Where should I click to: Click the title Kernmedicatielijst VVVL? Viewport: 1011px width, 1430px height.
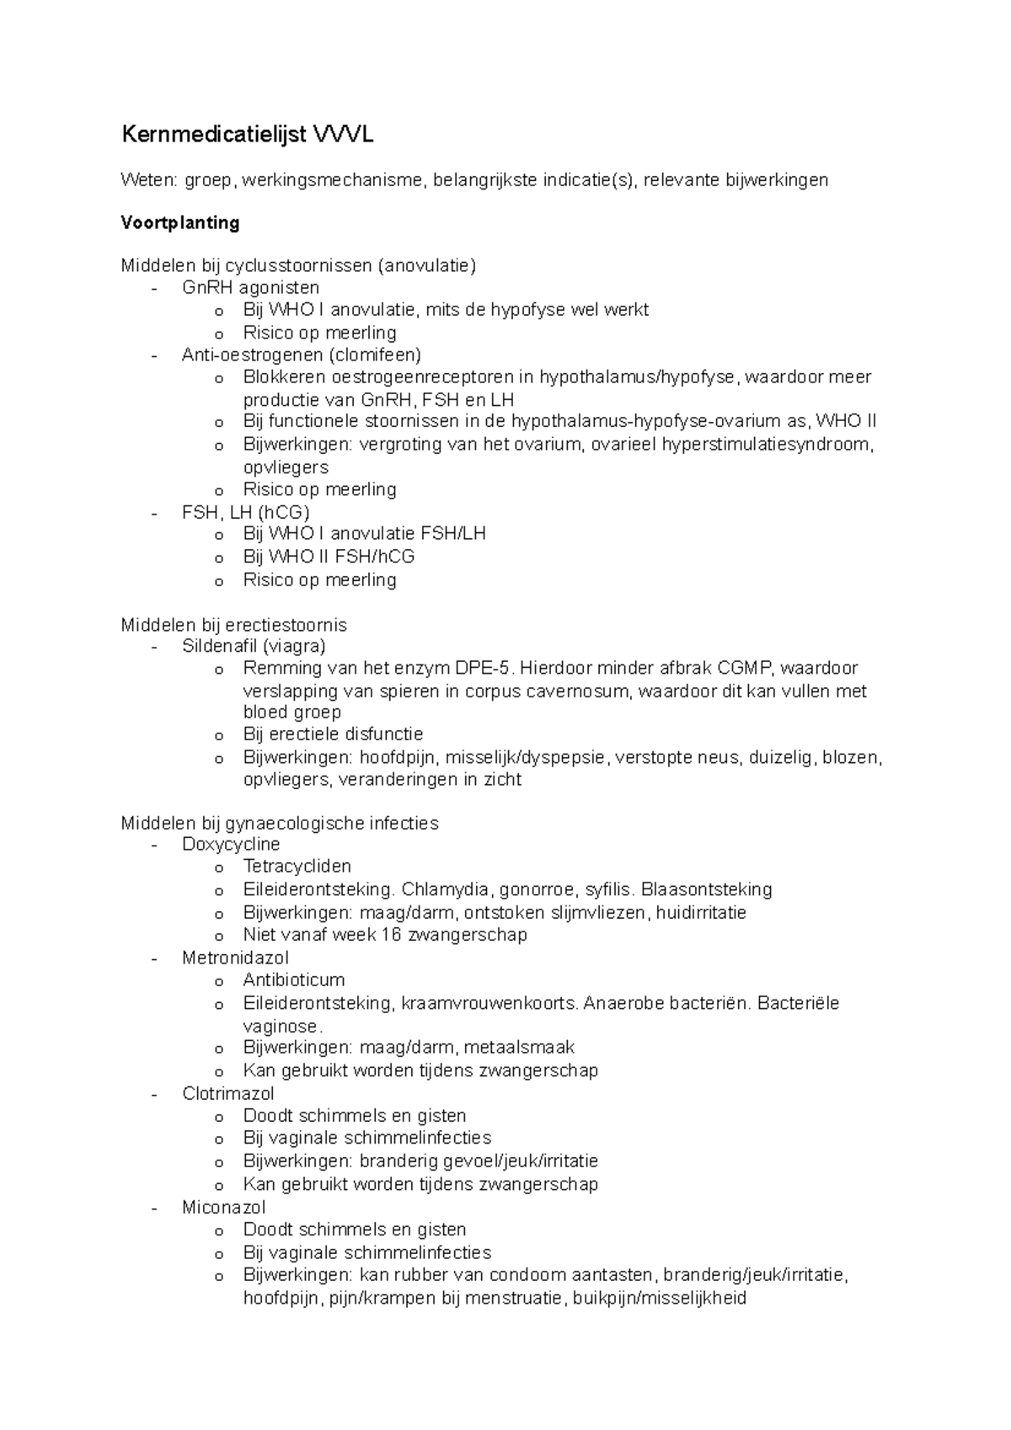(x=248, y=135)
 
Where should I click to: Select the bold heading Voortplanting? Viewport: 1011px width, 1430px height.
(x=180, y=222)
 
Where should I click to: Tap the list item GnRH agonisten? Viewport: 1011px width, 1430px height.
(x=250, y=287)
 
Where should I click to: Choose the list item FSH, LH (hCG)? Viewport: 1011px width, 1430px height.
(x=245, y=512)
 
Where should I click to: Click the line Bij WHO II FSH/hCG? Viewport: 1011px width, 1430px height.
(x=329, y=557)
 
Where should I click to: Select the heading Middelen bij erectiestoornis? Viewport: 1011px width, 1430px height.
(x=233, y=625)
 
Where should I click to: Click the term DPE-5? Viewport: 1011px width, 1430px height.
(x=481, y=669)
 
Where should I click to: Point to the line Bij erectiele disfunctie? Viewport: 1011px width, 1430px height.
(x=333, y=734)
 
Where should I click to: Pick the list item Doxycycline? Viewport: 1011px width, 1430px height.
(x=231, y=844)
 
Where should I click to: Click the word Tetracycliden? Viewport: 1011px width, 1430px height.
(x=297, y=867)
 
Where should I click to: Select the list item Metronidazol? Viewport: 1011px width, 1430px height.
(x=235, y=958)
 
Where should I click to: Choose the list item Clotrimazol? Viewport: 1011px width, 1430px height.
(x=228, y=1094)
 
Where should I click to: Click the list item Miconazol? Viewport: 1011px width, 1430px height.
(x=223, y=1208)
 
